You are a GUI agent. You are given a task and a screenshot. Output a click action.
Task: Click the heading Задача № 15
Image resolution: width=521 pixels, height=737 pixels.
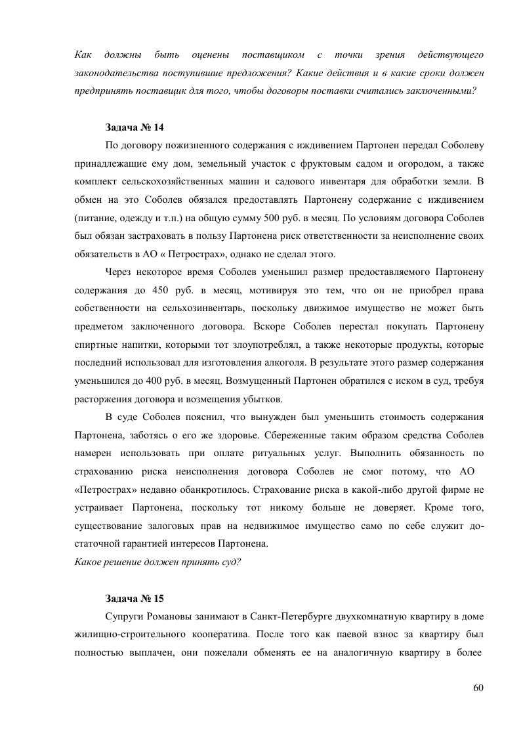(x=135, y=599)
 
